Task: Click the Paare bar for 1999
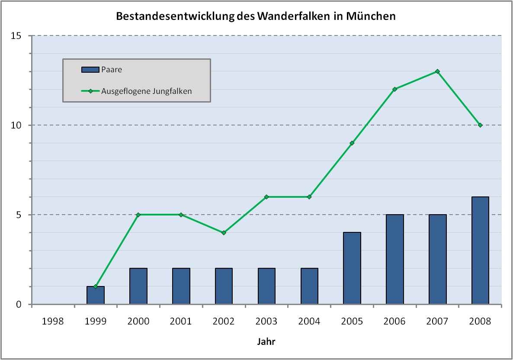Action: point(96,296)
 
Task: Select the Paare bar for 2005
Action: point(352,268)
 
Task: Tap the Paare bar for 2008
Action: point(480,251)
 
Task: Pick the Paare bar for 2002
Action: point(224,286)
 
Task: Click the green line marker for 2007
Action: point(437,71)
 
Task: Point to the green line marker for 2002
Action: point(224,233)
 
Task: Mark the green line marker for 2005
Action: point(352,143)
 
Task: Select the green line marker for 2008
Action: point(480,125)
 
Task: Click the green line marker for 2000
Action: point(138,215)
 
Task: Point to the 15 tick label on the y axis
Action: point(16,35)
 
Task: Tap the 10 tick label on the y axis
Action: point(16,125)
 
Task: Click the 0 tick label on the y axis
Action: point(19,305)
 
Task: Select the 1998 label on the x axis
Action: point(53,321)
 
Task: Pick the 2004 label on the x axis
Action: point(309,321)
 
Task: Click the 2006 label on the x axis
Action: point(394,321)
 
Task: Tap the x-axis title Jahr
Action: point(266,341)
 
